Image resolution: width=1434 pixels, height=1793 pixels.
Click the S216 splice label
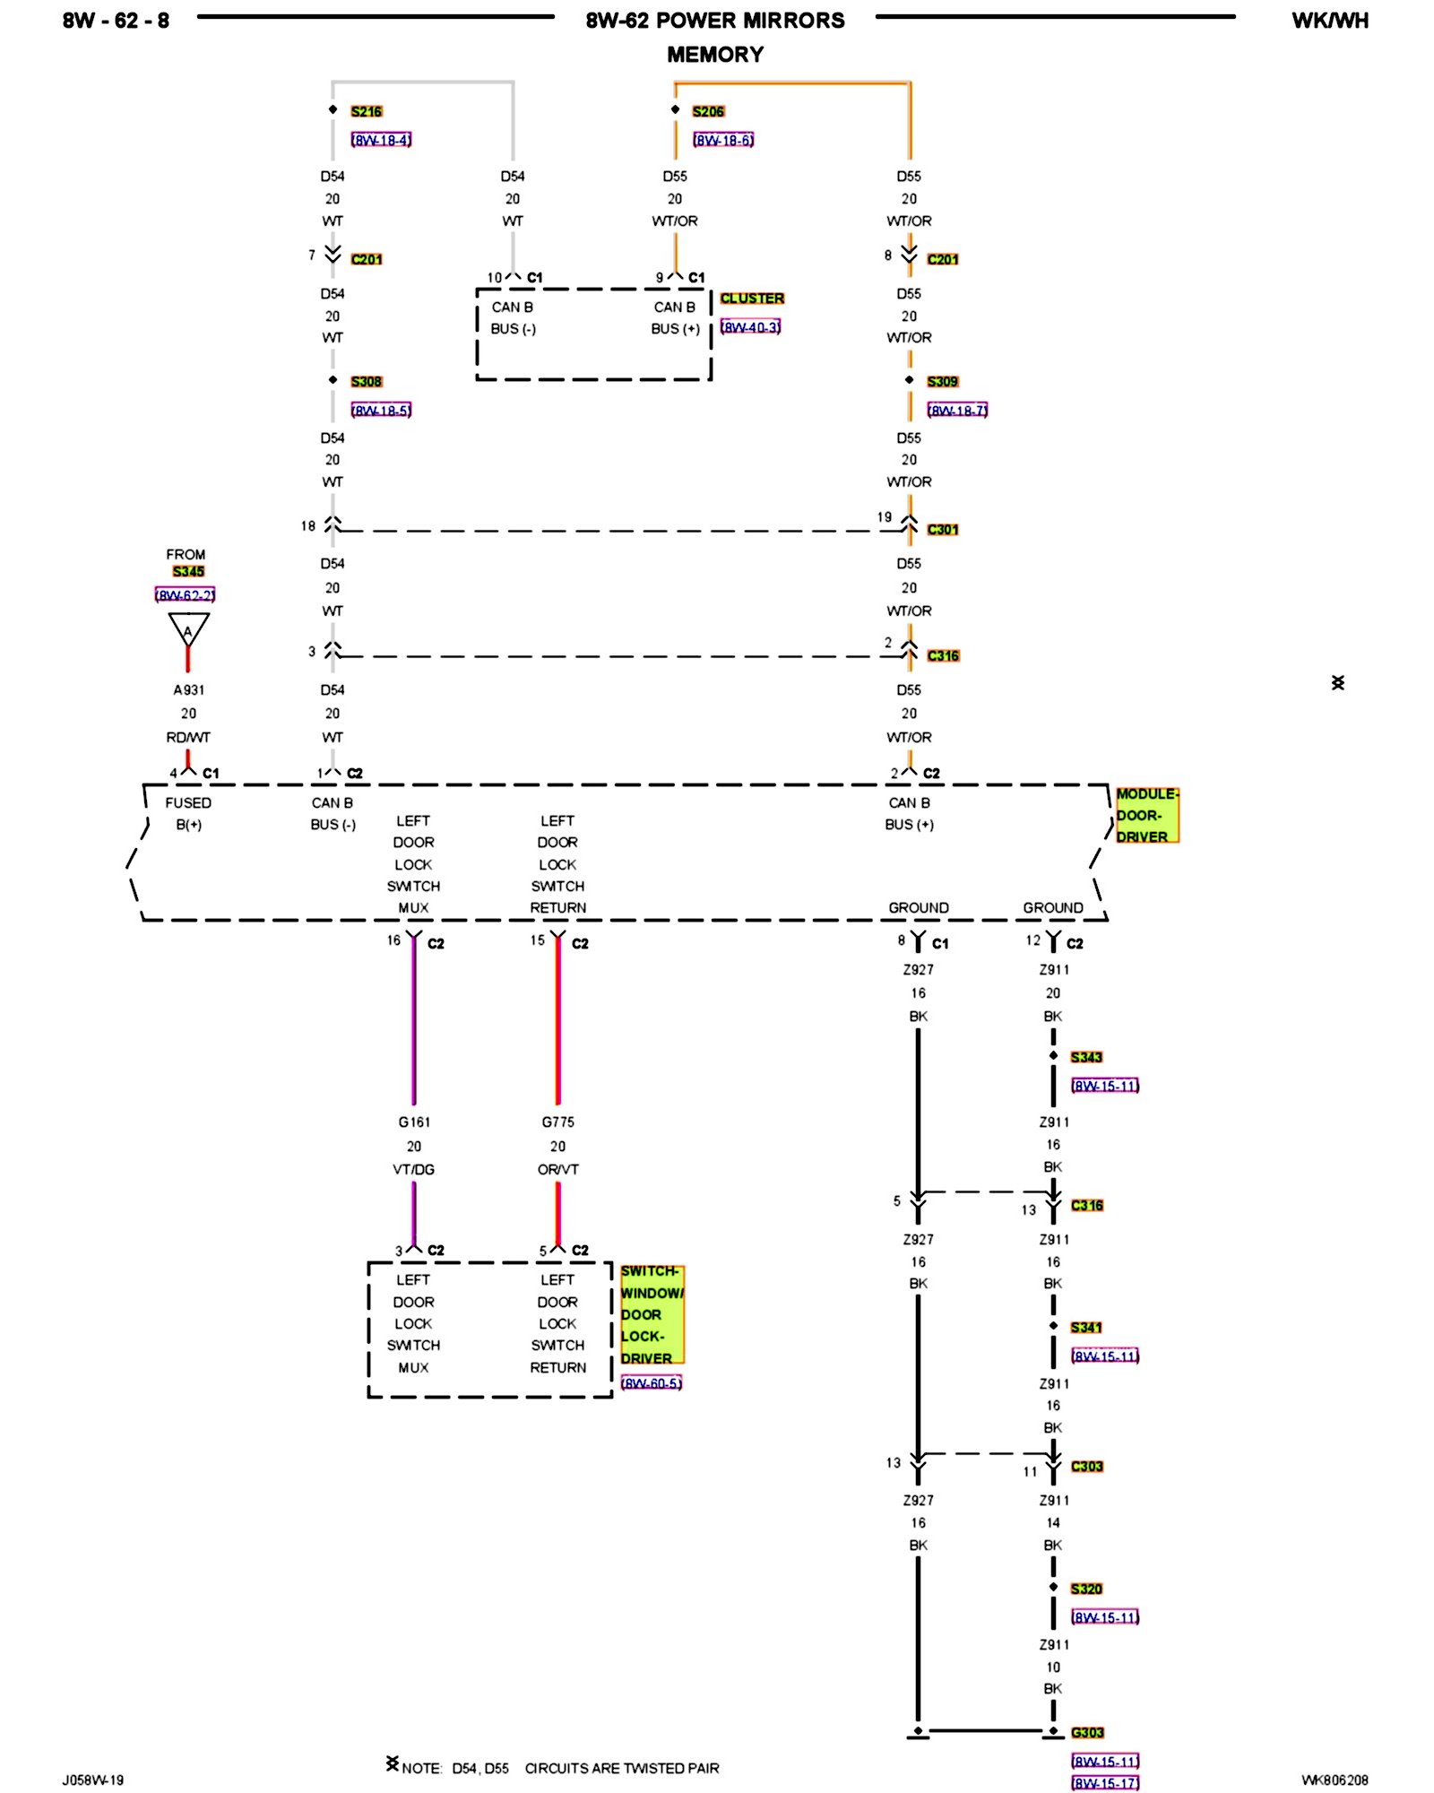tap(366, 111)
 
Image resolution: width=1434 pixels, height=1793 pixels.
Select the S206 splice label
tap(707, 111)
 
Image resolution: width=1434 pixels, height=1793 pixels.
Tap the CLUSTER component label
tap(751, 298)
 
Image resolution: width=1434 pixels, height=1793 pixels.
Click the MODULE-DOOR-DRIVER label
tap(1145, 815)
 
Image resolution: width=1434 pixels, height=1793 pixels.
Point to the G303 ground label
tap(1086, 1732)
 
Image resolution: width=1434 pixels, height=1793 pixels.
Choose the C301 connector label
tap(942, 529)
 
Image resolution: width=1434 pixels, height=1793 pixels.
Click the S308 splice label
tap(366, 381)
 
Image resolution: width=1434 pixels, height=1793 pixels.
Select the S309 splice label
tap(942, 381)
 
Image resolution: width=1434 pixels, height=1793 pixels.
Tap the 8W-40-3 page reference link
tap(750, 327)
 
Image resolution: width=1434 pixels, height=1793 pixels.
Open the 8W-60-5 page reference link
tap(651, 1382)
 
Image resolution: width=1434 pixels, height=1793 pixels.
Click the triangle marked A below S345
tap(188, 628)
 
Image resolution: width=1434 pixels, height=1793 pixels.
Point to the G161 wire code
tap(414, 1122)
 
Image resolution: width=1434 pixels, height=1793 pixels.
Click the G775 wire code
tap(557, 1122)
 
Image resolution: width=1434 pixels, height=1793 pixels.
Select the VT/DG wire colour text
tap(413, 1169)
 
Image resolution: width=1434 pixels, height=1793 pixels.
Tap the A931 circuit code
tap(188, 689)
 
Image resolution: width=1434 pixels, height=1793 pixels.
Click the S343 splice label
tap(1085, 1057)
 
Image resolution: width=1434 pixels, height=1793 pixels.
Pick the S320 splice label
tap(1085, 1589)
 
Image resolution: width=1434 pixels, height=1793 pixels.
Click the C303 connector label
tap(1086, 1466)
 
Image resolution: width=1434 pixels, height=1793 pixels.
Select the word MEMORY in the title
tap(714, 55)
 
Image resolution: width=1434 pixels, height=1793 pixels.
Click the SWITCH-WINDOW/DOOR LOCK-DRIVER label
tap(651, 1314)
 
